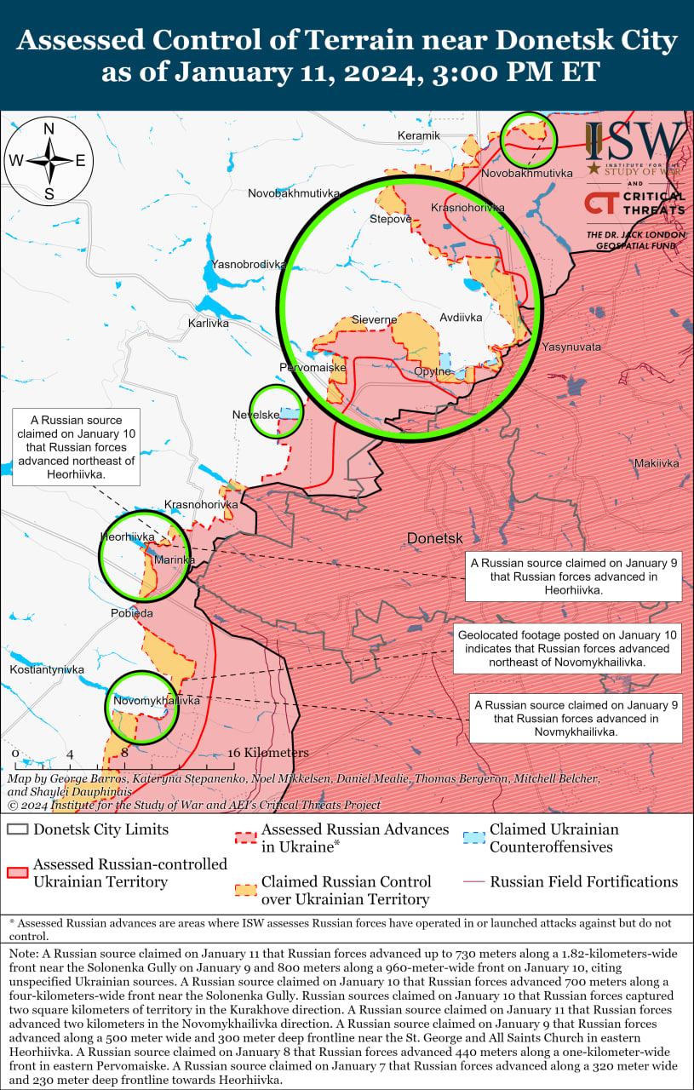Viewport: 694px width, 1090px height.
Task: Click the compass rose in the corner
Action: click(49, 160)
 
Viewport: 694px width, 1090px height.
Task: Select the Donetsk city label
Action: click(434, 539)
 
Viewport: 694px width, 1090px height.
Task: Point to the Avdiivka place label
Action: click(461, 318)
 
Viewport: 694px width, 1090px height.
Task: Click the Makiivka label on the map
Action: click(656, 463)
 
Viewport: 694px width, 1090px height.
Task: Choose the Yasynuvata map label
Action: click(571, 347)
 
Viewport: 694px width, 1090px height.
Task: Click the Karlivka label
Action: click(209, 324)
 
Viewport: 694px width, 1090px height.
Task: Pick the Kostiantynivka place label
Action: click(47, 670)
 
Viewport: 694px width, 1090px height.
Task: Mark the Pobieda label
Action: click(132, 613)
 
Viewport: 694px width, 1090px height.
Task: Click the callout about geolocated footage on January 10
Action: click(567, 649)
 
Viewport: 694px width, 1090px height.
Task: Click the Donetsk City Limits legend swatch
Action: click(17, 829)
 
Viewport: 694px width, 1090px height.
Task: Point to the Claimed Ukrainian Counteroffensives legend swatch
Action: click(476, 838)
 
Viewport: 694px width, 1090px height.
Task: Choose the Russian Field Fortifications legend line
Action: click(474, 882)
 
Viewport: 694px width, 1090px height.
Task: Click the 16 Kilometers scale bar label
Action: click(267, 753)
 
